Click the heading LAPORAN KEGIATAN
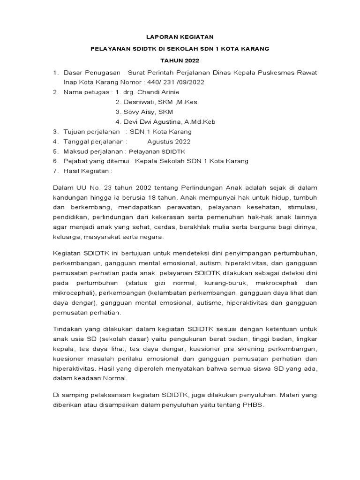[x=180, y=36]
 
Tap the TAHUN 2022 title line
[x=180, y=60]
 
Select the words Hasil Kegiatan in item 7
[x=85, y=171]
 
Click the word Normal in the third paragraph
[x=117, y=378]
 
